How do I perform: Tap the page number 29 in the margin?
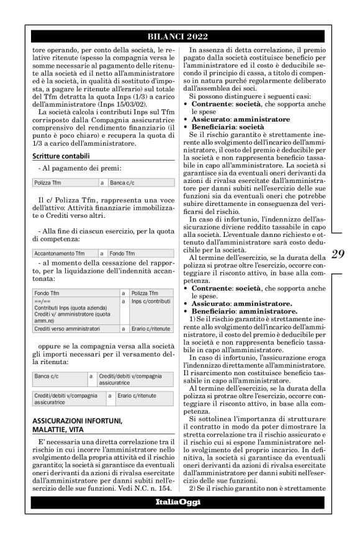pyautogui.click(x=338, y=254)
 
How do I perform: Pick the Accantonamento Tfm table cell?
pyautogui.click(x=59, y=254)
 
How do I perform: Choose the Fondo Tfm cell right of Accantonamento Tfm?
pyautogui.click(x=122, y=254)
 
